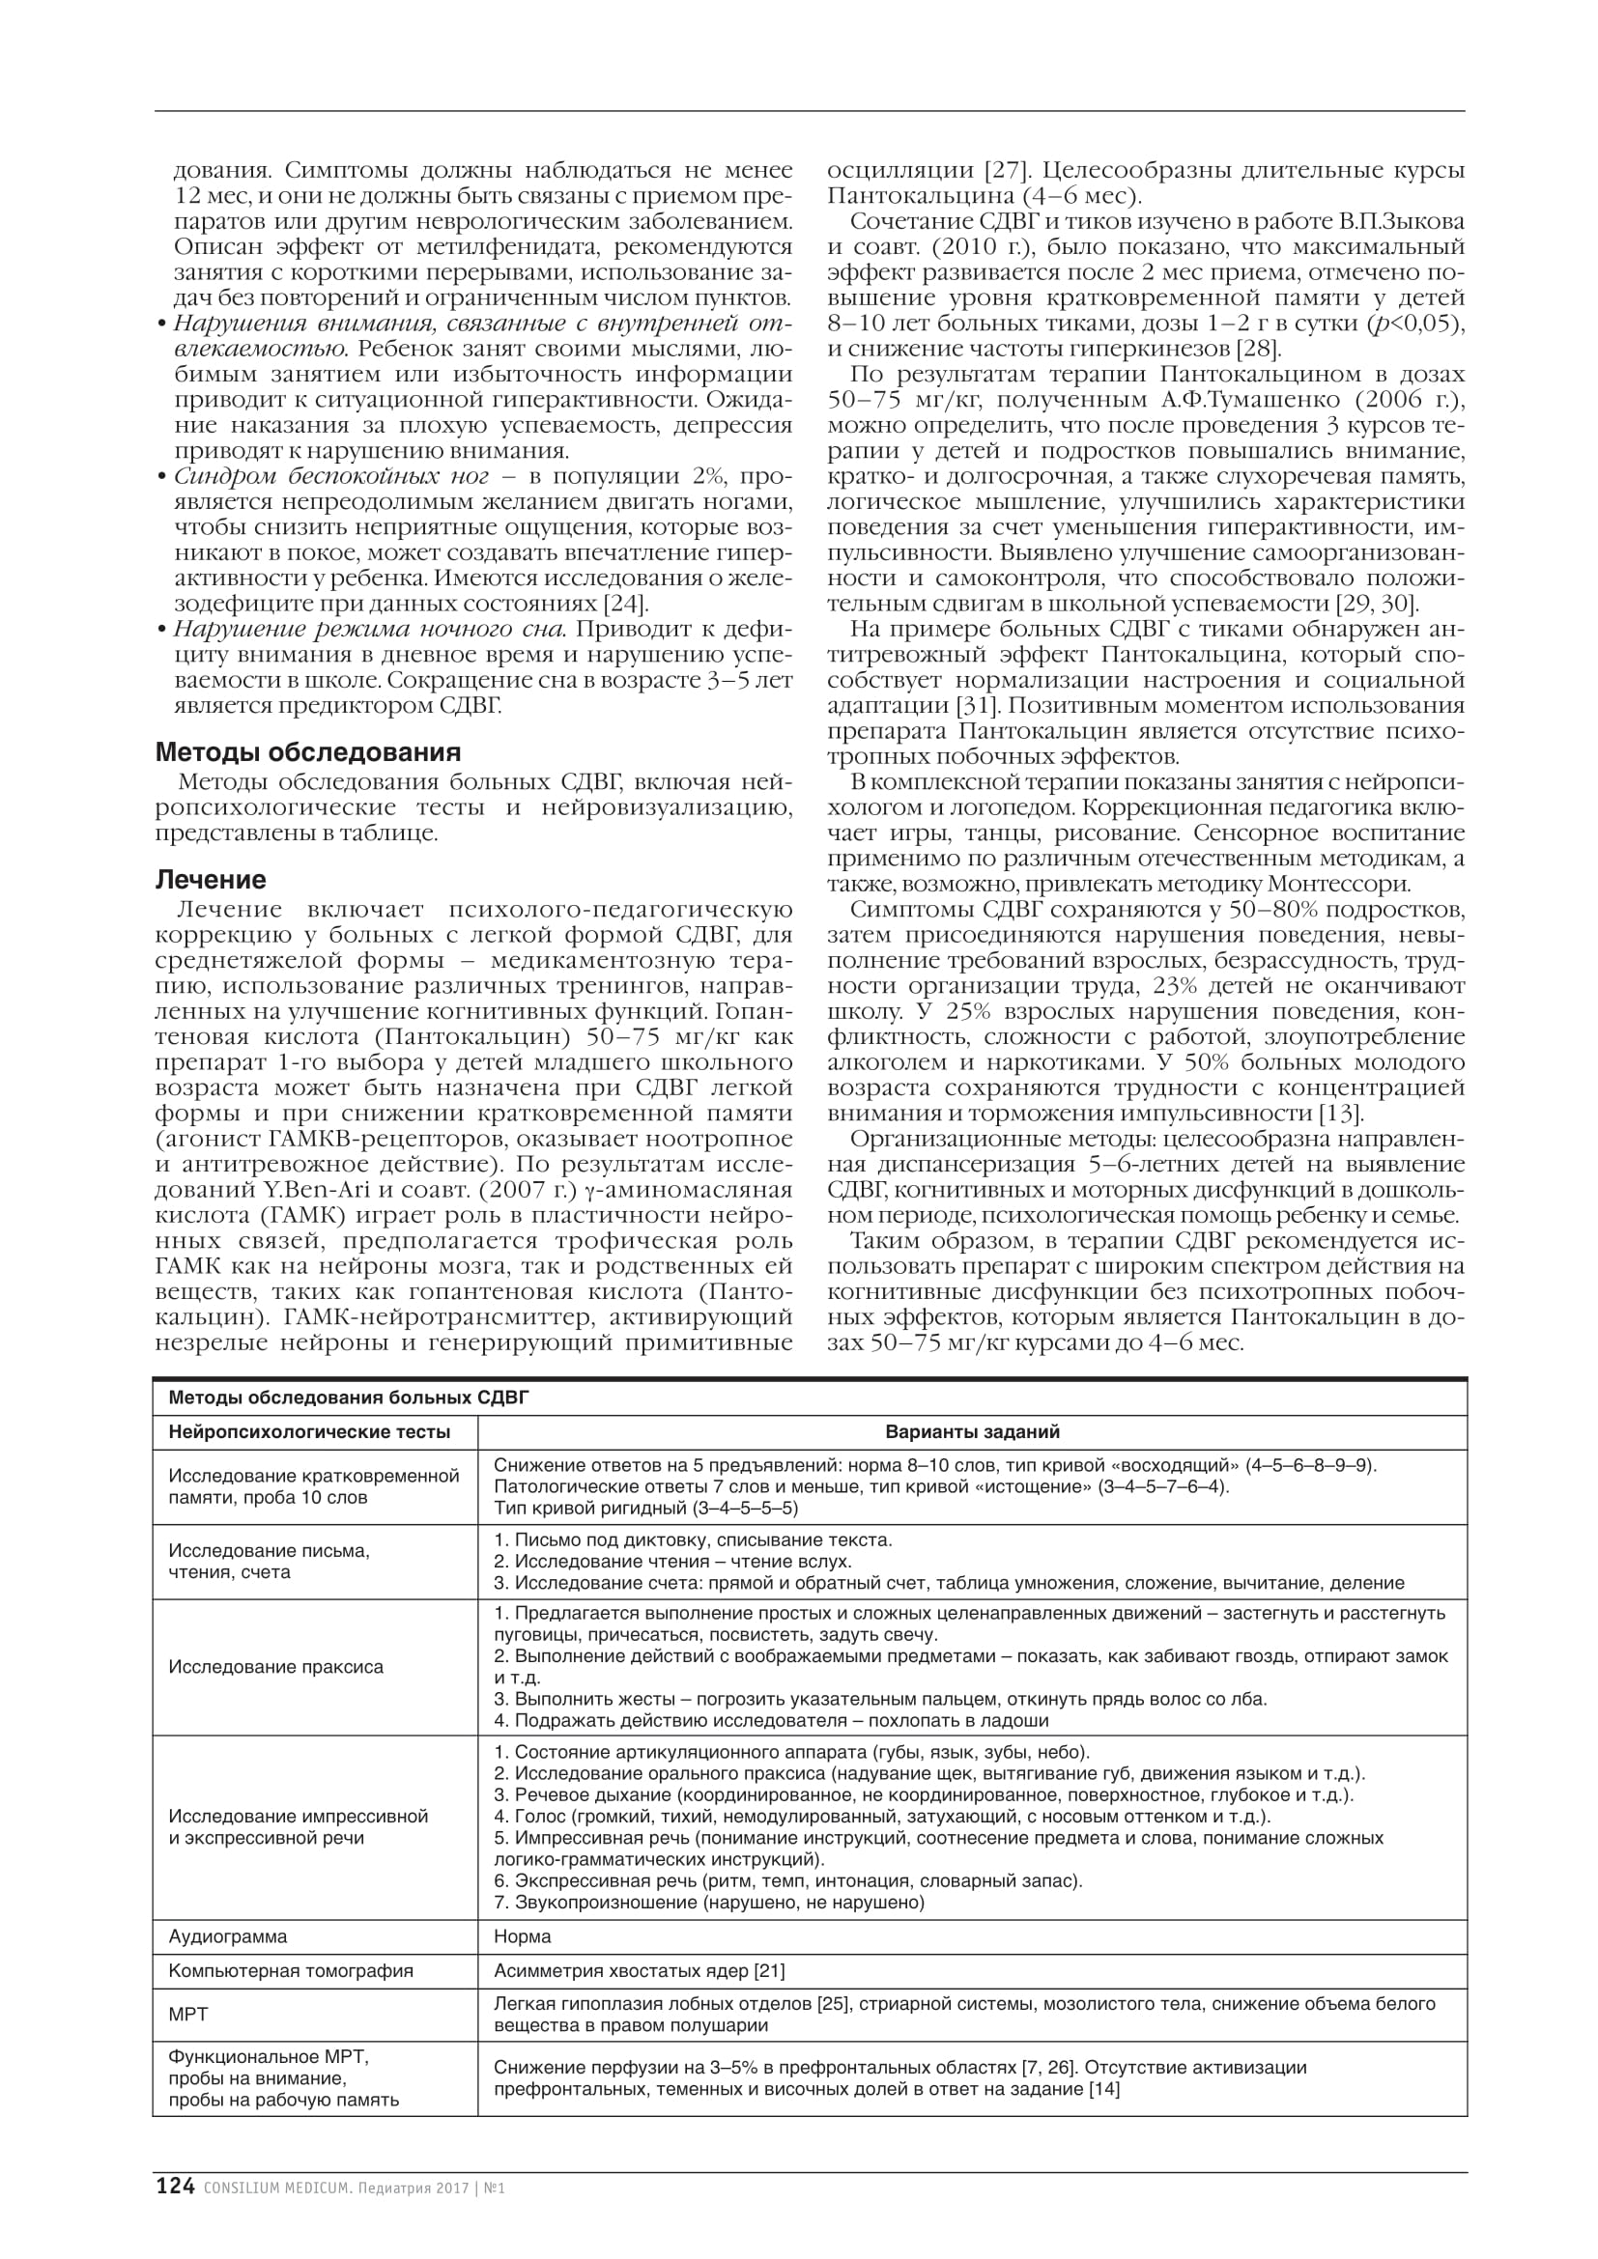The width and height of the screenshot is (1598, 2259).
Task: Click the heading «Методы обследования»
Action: tap(308, 752)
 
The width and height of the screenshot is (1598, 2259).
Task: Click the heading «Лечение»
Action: tap(211, 880)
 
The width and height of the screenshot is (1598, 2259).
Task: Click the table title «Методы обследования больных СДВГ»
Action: tap(349, 1398)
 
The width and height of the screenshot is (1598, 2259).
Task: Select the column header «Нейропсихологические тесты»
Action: tap(309, 1432)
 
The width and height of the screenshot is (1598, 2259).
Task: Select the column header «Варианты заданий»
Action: tap(972, 1432)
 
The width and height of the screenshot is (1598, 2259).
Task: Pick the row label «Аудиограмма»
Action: tap(228, 1936)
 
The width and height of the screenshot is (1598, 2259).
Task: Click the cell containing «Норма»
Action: tap(523, 1936)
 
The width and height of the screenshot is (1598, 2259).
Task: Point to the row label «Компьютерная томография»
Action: tap(291, 1971)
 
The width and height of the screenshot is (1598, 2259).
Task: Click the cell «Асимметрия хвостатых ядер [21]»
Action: tap(639, 1971)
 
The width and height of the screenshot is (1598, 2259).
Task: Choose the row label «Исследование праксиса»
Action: tap(276, 1667)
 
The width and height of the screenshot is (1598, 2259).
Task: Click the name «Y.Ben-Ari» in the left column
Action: tap(305, 1192)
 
